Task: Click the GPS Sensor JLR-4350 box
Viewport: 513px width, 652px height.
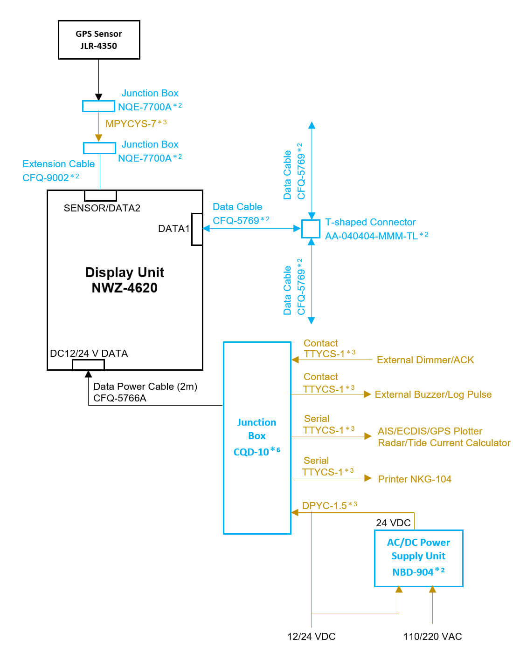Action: [x=99, y=40]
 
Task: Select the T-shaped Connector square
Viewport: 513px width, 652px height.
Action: [x=311, y=229]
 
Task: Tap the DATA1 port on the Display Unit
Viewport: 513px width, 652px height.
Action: [x=197, y=229]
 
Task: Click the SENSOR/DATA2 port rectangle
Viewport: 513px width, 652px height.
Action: [x=100, y=195]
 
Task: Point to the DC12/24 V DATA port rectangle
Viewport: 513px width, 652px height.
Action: [x=88, y=365]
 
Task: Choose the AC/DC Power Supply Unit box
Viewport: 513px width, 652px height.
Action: [x=418, y=557]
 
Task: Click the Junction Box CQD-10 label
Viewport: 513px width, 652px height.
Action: [x=256, y=437]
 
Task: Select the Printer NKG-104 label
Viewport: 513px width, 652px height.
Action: [x=415, y=479]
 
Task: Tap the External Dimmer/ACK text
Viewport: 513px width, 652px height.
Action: [x=425, y=360]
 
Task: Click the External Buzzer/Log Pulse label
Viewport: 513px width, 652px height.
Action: [x=433, y=394]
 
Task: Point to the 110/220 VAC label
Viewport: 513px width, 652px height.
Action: [x=432, y=637]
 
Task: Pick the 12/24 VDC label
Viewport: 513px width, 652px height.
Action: [x=311, y=637]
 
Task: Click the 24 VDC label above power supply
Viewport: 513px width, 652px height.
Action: [x=393, y=523]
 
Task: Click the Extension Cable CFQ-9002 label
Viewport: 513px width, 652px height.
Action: [x=58, y=170]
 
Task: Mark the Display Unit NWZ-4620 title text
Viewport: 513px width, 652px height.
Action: [x=125, y=280]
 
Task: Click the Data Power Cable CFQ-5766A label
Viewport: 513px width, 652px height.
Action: [x=145, y=392]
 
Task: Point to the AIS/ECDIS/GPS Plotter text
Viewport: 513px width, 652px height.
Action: [x=430, y=431]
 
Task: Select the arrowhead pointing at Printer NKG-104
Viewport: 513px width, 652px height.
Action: [x=368, y=478]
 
